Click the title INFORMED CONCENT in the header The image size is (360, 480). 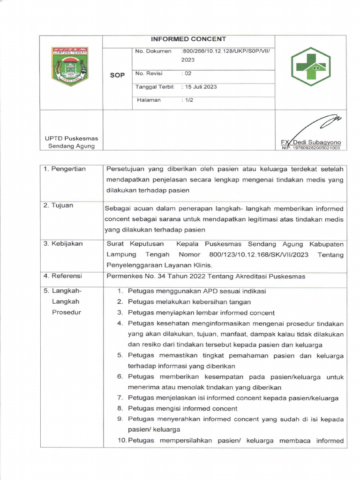point(188,39)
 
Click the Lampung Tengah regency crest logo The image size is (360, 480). point(70,66)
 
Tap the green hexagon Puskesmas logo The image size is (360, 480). point(310,67)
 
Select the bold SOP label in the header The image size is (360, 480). point(117,75)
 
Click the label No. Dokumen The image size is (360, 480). point(153,51)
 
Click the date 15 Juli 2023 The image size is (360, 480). point(200,87)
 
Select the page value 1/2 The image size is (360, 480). point(188,100)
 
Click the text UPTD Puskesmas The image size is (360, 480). point(68,138)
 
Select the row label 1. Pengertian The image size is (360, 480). point(65,169)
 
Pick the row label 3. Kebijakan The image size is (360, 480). point(63,244)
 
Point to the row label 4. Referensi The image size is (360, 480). point(63,276)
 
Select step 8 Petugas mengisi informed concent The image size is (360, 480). point(182,409)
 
